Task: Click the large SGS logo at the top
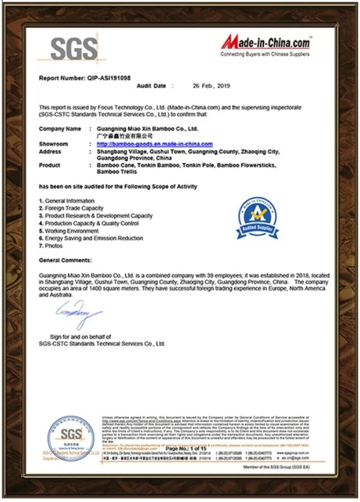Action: point(73,47)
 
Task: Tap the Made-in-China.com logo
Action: point(265,43)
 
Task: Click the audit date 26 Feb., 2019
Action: point(211,86)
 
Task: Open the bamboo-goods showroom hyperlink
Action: point(154,144)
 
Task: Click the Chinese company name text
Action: point(121,136)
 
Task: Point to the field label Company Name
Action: point(60,129)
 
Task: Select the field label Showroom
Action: point(54,144)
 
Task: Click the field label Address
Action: point(50,151)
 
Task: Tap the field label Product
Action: point(49,165)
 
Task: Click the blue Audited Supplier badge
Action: point(257,218)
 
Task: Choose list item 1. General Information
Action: point(67,201)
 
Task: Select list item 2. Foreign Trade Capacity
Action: point(71,209)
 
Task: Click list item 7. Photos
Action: point(51,246)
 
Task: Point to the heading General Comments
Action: point(66,261)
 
